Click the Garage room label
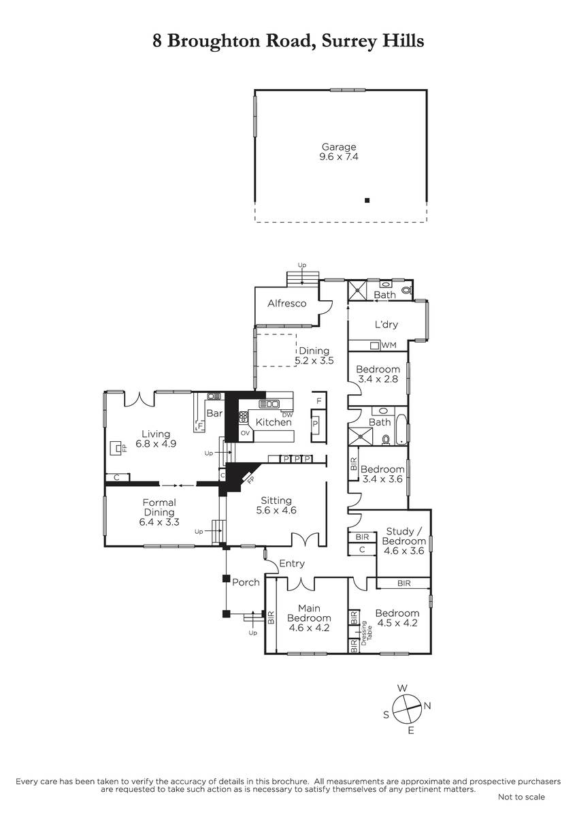click(339, 147)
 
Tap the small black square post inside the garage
click(367, 200)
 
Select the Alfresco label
click(287, 304)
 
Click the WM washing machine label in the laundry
click(389, 345)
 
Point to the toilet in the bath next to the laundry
click(407, 290)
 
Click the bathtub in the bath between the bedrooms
click(401, 430)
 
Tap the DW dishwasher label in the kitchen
click(287, 415)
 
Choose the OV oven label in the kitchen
click(246, 433)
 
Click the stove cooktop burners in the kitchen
click(244, 417)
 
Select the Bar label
click(214, 413)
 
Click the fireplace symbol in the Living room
click(116, 447)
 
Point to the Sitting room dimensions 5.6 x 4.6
click(276, 510)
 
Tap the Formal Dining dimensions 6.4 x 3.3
click(159, 522)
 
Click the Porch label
click(246, 582)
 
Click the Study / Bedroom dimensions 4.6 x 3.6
click(404, 550)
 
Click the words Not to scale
click(521, 807)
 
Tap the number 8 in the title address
click(157, 41)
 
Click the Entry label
click(292, 564)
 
